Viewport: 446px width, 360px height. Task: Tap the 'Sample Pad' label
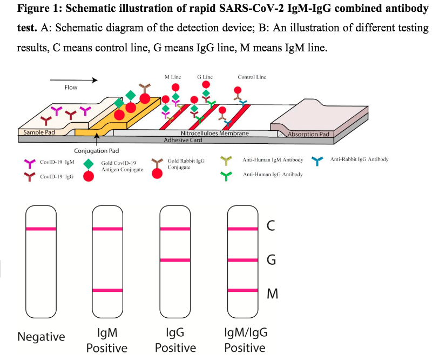point(39,132)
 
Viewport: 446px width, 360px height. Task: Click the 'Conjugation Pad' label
point(97,151)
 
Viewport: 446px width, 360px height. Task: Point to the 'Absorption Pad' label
point(308,134)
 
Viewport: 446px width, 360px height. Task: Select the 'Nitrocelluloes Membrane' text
point(214,133)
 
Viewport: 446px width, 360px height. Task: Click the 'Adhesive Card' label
point(183,139)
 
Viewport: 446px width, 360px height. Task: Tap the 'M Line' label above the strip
point(173,77)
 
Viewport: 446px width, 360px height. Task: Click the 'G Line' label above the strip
point(205,77)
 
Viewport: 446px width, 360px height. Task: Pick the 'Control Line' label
point(252,77)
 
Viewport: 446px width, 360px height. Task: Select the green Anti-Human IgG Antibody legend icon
point(228,176)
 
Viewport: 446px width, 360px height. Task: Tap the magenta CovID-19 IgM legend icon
point(30,163)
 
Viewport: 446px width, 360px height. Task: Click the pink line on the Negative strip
point(40,229)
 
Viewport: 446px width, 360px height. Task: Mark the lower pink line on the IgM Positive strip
point(107,291)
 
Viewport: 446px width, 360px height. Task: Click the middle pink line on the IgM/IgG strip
point(242,261)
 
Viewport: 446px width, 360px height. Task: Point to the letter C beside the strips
point(271,227)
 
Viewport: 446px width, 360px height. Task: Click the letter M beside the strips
point(272,294)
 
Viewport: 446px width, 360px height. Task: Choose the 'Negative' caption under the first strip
point(41,337)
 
